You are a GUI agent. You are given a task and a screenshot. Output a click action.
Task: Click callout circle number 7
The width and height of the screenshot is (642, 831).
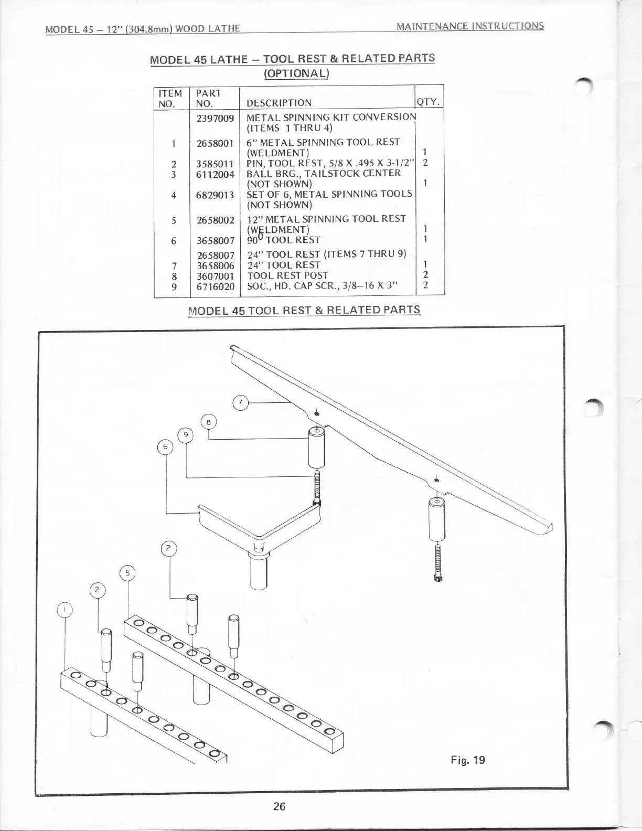240,403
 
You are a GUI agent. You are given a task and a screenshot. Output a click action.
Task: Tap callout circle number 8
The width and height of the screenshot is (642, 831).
209,421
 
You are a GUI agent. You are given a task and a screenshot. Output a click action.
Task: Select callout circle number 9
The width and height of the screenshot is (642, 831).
185,434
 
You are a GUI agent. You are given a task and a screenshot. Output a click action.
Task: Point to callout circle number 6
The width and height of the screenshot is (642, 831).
165,446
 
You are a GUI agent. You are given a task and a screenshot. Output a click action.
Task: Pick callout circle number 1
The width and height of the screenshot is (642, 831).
64,610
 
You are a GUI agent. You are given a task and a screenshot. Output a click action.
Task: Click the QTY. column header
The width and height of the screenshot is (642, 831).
429,102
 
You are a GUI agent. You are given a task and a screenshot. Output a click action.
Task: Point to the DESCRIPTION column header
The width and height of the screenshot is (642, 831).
279,103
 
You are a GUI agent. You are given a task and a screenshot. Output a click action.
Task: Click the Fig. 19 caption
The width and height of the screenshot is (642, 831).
468,760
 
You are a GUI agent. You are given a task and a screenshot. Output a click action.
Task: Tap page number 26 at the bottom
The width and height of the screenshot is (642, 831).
279,806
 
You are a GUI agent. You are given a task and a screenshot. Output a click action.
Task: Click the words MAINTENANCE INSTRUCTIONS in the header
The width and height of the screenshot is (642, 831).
470,25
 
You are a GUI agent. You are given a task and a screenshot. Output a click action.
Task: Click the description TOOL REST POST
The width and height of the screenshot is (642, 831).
287,275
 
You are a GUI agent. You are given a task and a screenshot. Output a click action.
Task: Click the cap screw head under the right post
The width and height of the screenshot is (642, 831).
437,578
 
